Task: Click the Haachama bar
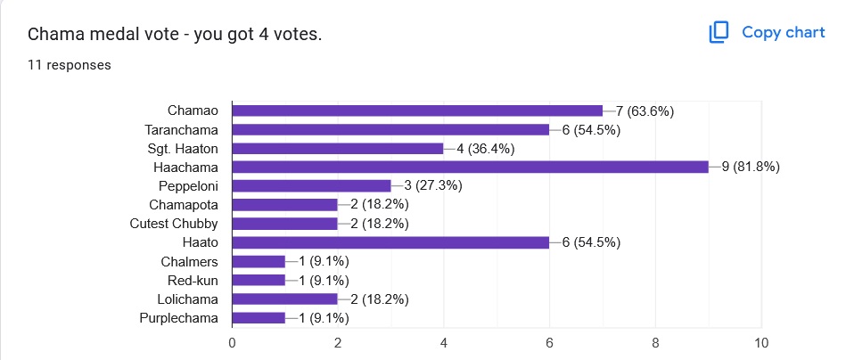[x=470, y=167]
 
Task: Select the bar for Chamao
[x=417, y=110]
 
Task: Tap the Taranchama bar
[x=390, y=129]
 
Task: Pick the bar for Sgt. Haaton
[x=338, y=148]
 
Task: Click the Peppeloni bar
[x=311, y=185]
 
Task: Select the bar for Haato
[x=390, y=242]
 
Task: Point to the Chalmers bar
[x=259, y=261]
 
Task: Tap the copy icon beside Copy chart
[x=719, y=33]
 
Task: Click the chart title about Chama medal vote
[x=175, y=35]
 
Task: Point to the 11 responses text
[x=70, y=64]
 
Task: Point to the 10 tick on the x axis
[x=761, y=343]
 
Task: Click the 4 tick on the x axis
[x=444, y=343]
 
